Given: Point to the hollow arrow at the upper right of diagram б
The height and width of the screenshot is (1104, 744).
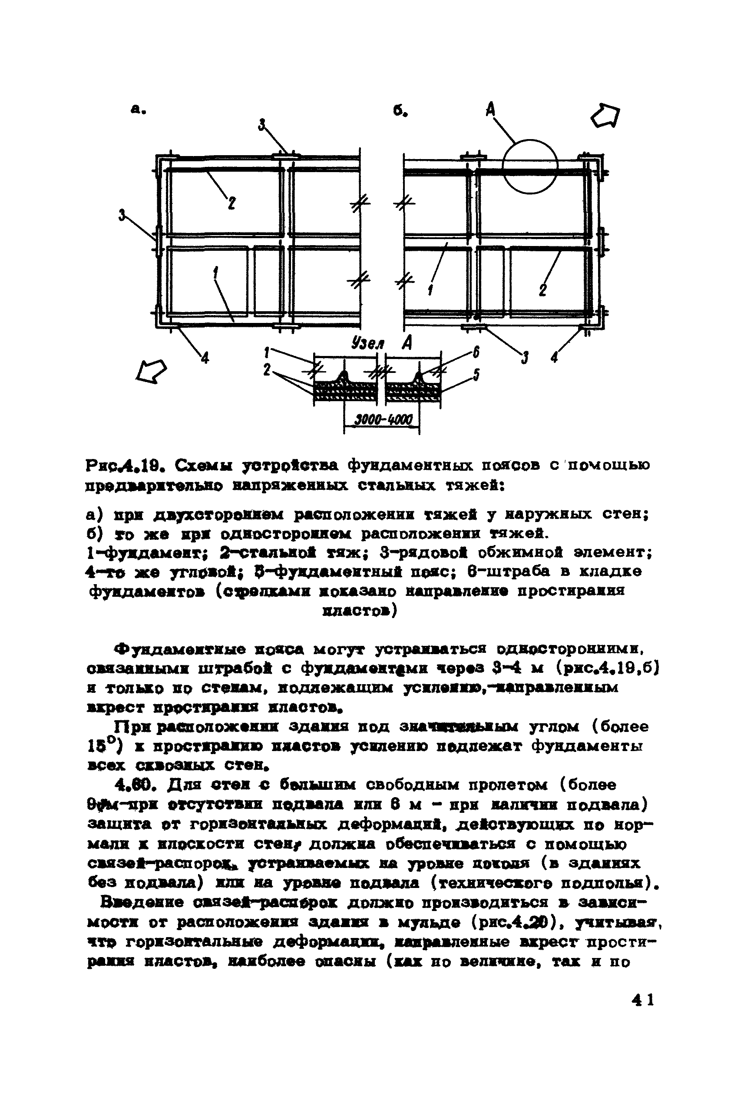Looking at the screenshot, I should (x=606, y=115).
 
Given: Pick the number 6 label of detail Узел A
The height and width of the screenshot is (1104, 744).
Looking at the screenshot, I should (x=476, y=352).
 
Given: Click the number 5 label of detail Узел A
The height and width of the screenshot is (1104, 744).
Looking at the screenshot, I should (x=476, y=375).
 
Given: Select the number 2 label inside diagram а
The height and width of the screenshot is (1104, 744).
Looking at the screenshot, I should (x=231, y=203).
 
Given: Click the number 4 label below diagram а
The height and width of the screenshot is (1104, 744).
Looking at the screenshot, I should (x=205, y=359).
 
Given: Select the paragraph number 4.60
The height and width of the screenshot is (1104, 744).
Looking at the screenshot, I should (x=139, y=785).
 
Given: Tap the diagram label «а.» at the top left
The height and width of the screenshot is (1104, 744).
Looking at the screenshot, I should (x=138, y=109).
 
